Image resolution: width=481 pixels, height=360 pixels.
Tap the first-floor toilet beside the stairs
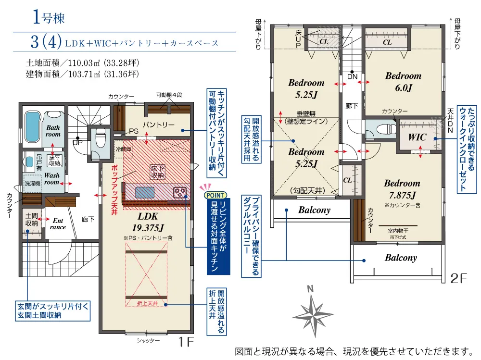click(101, 138)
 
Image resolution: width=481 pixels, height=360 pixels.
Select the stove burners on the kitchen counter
click(180, 193)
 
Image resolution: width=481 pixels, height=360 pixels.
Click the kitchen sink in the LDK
click(145, 193)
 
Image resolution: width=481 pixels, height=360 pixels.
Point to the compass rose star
click(313, 315)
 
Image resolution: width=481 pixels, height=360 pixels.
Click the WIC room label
click(417, 137)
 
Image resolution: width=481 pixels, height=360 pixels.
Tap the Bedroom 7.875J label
click(402, 189)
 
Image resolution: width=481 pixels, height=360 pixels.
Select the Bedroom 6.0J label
click(403, 82)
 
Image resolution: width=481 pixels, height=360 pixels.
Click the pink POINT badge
click(215, 195)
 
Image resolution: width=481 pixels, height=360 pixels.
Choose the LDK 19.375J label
click(148, 222)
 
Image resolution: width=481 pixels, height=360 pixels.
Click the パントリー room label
click(158, 125)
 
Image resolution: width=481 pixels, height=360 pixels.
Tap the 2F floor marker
click(458, 278)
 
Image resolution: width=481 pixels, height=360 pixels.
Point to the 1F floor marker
click(186, 341)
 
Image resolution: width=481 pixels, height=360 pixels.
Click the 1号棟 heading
click(49, 17)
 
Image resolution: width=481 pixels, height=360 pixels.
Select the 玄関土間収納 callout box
click(53, 310)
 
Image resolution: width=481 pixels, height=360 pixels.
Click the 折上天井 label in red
click(147, 303)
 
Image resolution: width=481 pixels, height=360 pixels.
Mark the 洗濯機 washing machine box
click(33, 184)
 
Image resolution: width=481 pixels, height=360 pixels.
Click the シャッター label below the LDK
click(148, 340)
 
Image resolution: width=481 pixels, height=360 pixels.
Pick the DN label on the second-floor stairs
click(353, 76)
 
